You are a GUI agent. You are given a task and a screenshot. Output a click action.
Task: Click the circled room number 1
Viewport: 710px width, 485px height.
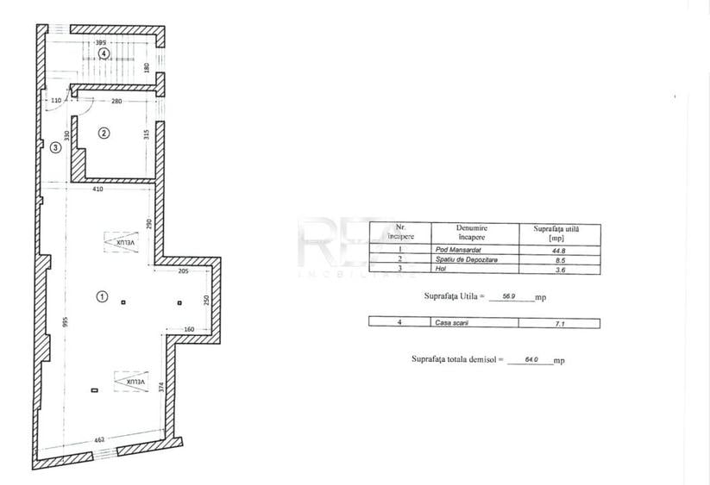(102, 296)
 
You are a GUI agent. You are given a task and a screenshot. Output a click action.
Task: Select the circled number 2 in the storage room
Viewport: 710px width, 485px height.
(104, 133)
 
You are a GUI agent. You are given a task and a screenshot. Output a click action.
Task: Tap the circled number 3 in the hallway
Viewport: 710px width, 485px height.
(54, 147)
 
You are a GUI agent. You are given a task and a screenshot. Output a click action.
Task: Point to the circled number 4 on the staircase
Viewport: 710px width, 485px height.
(103, 53)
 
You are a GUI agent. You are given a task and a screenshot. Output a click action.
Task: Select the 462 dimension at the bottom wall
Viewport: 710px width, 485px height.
(99, 440)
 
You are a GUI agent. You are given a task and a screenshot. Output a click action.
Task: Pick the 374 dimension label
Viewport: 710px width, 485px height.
(160, 388)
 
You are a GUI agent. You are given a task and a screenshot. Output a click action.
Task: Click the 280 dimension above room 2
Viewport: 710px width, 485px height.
(116, 102)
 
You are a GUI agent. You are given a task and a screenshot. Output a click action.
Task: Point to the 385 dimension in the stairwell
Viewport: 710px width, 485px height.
(101, 41)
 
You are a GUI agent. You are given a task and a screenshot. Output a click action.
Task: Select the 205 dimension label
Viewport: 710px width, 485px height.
(182, 271)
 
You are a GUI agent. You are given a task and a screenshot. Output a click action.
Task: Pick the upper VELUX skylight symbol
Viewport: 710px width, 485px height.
(126, 243)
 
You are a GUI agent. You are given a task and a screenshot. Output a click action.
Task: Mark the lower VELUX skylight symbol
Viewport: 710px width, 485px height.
(126, 380)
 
